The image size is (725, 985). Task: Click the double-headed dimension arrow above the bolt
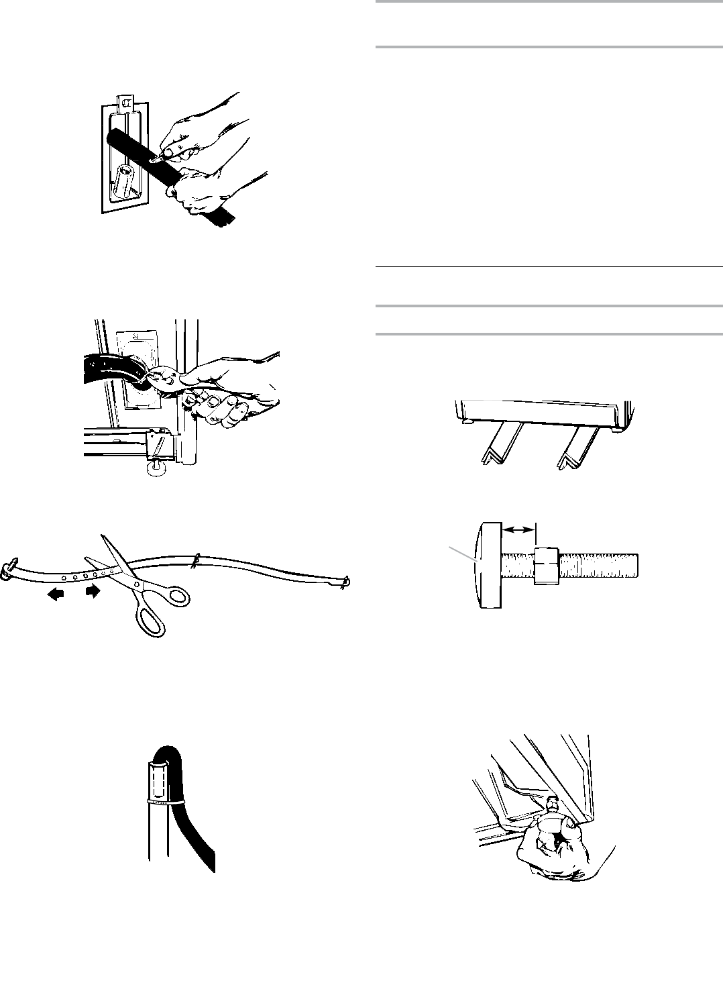point(519,529)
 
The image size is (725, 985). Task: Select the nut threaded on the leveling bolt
point(547,565)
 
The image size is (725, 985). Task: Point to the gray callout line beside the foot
point(463,554)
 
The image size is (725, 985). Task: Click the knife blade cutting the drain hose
point(156,159)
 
